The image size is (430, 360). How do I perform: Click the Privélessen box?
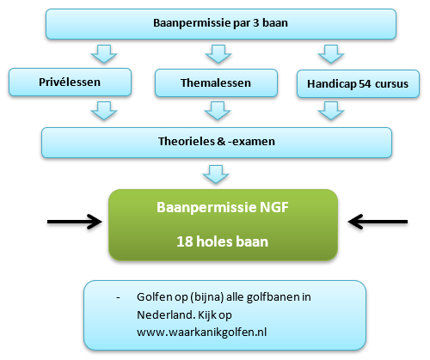point(70,82)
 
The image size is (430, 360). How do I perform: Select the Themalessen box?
point(216,82)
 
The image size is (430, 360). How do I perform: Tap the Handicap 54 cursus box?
point(358,83)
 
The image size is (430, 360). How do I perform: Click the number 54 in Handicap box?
point(365,83)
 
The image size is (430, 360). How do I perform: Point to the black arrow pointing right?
point(75,222)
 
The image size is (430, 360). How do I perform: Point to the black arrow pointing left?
point(378,222)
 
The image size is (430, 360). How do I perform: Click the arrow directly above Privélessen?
point(104,54)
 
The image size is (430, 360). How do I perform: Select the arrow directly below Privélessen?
point(104,111)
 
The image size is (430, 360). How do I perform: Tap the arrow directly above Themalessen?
point(218,54)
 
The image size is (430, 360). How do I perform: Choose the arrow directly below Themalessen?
point(218,111)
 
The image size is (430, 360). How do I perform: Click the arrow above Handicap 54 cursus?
point(331,54)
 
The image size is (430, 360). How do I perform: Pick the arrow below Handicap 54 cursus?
point(331,111)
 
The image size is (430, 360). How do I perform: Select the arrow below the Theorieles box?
point(216,174)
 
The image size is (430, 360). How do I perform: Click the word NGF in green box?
point(274,207)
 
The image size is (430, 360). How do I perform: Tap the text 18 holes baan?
point(223,241)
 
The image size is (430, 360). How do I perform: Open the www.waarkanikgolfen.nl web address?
point(202,333)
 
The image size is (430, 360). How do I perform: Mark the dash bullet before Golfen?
point(118,298)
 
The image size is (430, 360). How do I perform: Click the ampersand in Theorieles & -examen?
point(221,141)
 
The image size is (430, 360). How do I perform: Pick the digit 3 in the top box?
point(255,23)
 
